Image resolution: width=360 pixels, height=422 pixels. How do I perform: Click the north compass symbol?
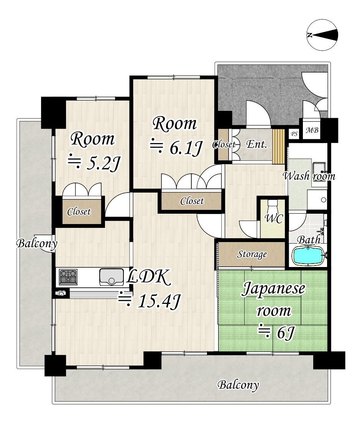[x=322, y=35]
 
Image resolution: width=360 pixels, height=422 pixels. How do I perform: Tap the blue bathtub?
[x=307, y=256]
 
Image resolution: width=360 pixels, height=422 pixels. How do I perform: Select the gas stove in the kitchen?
[x=68, y=277]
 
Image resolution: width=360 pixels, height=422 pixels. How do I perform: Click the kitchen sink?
[x=111, y=277]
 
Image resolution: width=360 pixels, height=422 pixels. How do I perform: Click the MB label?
[x=312, y=130]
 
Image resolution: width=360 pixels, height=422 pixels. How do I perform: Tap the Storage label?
[x=252, y=254]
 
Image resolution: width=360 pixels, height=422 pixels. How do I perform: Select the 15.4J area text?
[x=150, y=300]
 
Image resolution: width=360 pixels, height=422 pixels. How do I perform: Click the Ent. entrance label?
[x=257, y=145]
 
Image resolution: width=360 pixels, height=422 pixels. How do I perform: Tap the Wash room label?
[x=309, y=176]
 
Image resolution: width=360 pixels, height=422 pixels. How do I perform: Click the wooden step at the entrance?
[x=278, y=147]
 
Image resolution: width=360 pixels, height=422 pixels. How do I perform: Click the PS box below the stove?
[x=61, y=293]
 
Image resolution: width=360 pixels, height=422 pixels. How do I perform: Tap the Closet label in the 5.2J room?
[x=79, y=212]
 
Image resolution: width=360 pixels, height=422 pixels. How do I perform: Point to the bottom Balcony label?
[x=238, y=385]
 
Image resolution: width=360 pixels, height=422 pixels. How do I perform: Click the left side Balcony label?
[x=37, y=244]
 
